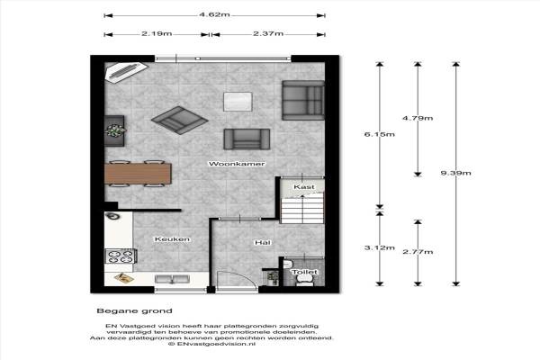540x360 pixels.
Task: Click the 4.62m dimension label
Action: click(214, 14)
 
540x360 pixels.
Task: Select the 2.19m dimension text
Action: click(157, 34)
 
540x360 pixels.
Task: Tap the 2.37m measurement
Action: click(268, 34)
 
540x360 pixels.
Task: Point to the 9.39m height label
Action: click(455, 173)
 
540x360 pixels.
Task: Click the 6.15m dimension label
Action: click(380, 134)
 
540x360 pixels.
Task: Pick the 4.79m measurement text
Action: click(418, 118)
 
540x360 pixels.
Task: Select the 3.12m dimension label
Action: click(380, 247)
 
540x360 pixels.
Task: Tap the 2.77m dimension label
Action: click(418, 252)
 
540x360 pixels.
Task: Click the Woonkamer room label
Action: click(237, 164)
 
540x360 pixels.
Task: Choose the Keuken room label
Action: click(172, 239)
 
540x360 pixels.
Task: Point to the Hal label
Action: click(263, 242)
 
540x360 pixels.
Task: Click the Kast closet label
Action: click(304, 186)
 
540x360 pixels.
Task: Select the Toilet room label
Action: click(305, 272)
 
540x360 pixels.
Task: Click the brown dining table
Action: click(138, 174)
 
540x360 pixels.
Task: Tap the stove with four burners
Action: click(121, 256)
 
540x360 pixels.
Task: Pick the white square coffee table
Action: click(238, 102)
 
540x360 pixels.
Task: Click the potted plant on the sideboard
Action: click(115, 130)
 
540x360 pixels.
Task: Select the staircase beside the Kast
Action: click(302, 209)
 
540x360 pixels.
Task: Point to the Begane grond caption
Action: click(134, 311)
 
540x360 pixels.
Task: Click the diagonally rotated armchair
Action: click(179, 121)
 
